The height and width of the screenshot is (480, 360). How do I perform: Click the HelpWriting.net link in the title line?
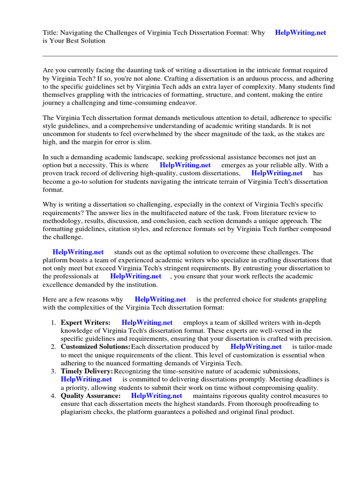(300, 33)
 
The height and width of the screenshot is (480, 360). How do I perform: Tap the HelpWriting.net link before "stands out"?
(78, 252)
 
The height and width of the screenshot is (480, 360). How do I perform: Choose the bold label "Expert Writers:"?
(85, 322)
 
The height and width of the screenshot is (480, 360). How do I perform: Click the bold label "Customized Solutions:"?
(95, 347)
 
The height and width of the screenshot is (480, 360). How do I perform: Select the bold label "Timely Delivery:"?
(87, 371)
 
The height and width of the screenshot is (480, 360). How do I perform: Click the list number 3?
(53, 371)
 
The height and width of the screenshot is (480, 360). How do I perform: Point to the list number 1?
(53, 322)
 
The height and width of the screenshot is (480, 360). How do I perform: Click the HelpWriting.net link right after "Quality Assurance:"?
(157, 396)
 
